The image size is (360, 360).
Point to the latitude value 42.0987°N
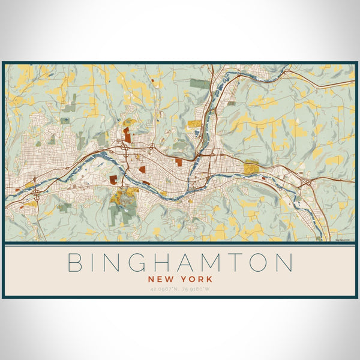coord(163,289)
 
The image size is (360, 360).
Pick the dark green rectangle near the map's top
coord(199,83)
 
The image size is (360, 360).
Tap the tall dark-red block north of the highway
coord(127,134)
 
